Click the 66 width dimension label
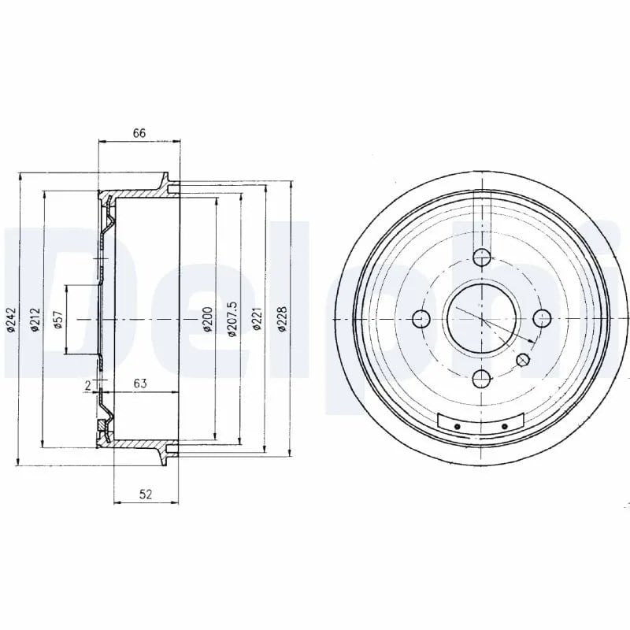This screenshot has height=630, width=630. coord(139,133)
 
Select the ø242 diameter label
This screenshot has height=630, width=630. coord(11,321)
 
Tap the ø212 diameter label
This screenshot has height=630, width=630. coord(35,320)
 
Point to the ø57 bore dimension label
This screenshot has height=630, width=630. coord(58,320)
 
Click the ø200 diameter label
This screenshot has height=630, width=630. coord(207,320)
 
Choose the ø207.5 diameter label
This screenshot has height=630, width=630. coord(232,320)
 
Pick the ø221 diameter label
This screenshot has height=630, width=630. coord(258,319)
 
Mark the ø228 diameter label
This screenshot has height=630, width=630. coord(283,319)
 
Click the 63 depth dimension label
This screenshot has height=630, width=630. coord(140,384)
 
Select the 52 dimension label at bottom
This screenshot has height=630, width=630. coord(146,495)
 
